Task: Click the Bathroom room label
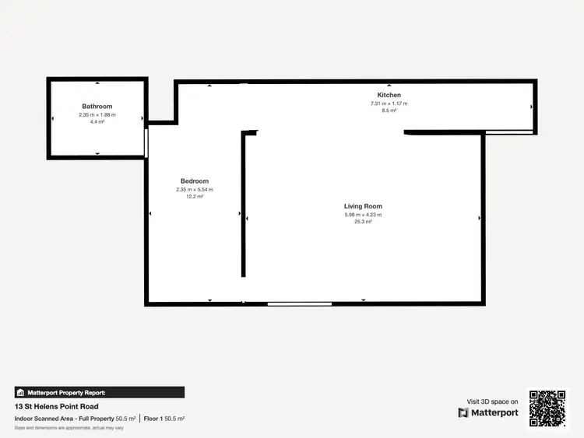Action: click(x=97, y=107)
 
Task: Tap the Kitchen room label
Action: click(x=389, y=95)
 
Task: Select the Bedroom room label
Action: click(x=195, y=181)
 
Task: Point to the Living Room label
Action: click(x=363, y=206)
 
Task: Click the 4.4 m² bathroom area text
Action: click(x=97, y=122)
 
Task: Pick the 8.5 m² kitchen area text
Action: click(x=389, y=110)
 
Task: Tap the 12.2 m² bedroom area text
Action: click(x=195, y=197)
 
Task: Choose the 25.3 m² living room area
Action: click(x=363, y=222)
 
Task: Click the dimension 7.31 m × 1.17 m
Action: click(x=389, y=103)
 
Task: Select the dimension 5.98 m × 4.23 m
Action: click(x=363, y=215)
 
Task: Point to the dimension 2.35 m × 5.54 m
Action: click(x=195, y=190)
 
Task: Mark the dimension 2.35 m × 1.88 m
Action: click(x=97, y=115)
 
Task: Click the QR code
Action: click(x=548, y=408)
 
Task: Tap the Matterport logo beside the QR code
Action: click(x=488, y=412)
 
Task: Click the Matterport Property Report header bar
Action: click(x=100, y=393)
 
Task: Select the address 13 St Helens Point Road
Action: click(x=57, y=406)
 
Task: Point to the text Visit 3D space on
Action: click(x=492, y=401)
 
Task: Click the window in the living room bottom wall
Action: click(x=300, y=303)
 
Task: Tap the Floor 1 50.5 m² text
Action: click(x=164, y=419)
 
